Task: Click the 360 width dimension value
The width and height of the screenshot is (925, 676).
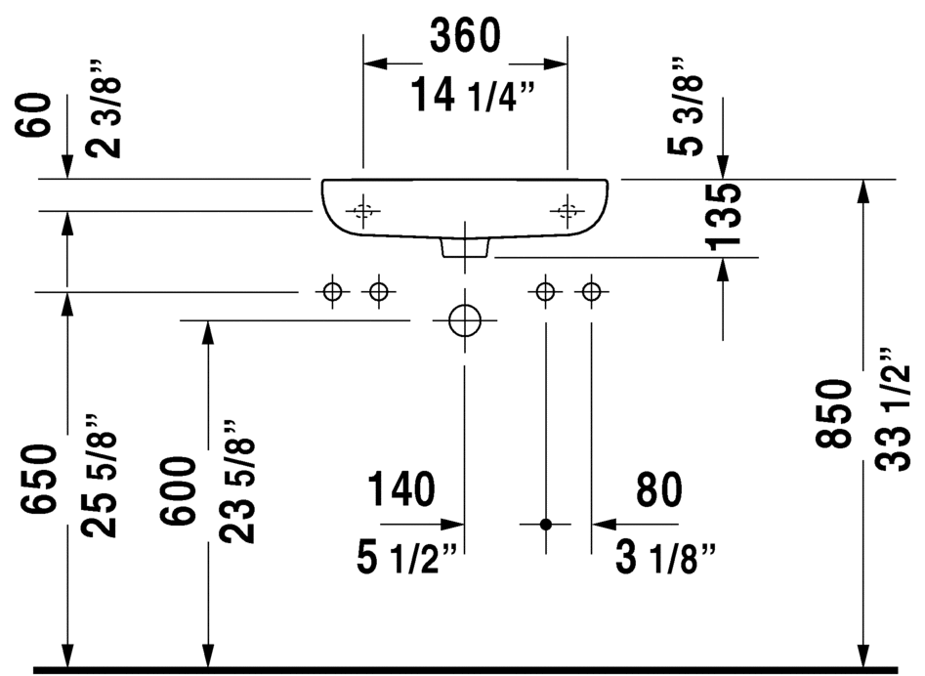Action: (465, 35)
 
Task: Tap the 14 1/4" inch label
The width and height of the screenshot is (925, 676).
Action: (473, 95)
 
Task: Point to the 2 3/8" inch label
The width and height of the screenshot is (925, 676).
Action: (104, 108)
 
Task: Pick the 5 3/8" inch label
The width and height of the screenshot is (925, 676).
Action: (686, 106)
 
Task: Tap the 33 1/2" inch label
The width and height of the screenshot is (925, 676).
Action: (893, 410)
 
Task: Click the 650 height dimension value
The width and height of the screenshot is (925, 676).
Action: (39, 479)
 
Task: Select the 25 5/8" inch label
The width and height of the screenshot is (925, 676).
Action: (99, 476)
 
